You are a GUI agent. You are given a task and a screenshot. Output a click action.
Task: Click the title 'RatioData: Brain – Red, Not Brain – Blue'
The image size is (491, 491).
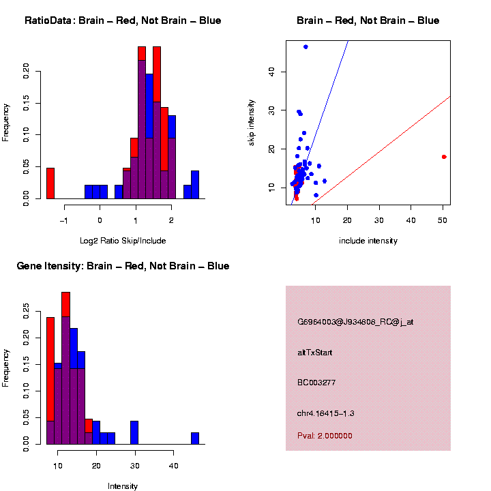pos(123,21)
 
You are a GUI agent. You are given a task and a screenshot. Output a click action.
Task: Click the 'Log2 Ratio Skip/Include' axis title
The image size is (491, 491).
pos(123,240)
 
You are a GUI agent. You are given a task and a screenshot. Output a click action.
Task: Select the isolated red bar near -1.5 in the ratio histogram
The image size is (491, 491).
pos(50,183)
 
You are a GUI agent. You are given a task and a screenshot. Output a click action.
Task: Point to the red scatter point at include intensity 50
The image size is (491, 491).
pos(444,157)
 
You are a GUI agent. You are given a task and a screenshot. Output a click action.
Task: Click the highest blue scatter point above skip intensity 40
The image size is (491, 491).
pos(306,46)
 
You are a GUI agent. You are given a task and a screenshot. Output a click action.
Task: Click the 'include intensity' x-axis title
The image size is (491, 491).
pos(368,240)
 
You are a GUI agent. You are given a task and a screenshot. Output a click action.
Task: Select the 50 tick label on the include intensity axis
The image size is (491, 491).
pos(443,220)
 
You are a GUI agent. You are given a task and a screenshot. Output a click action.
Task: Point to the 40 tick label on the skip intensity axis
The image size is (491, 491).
pos(271,72)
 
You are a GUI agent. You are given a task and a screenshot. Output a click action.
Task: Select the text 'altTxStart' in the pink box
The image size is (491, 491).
pos(314,353)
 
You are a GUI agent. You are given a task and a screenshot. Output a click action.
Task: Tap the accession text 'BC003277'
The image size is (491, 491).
pos(316,383)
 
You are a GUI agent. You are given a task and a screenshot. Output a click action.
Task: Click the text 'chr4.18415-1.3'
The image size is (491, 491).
pos(325,413)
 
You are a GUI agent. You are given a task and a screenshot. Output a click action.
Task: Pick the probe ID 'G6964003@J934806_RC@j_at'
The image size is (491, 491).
pos(355,322)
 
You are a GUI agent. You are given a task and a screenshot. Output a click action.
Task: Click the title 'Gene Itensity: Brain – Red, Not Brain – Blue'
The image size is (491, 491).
pos(123,266)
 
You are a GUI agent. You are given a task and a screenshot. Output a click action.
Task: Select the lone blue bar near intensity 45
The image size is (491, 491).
pos(195,438)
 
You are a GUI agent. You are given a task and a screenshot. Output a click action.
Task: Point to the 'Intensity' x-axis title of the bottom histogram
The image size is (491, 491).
pos(123,486)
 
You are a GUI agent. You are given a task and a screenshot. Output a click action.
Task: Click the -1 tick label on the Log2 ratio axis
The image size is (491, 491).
pos(63,220)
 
